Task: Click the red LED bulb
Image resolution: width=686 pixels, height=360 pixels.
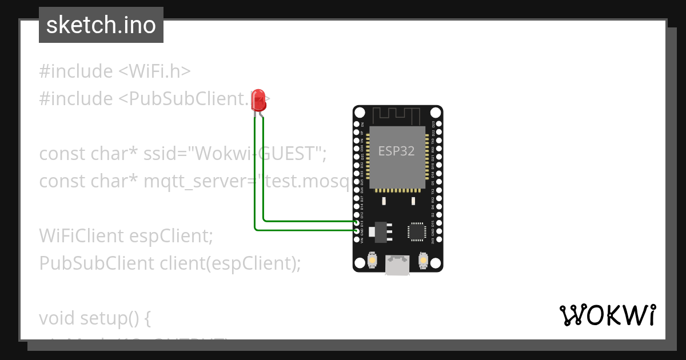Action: point(258,100)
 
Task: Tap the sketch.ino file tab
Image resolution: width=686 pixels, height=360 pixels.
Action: point(101,25)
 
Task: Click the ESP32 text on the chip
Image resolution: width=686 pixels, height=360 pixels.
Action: point(396,151)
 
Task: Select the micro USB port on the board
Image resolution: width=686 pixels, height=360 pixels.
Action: point(397,265)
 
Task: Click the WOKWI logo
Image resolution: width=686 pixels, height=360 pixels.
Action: point(607,315)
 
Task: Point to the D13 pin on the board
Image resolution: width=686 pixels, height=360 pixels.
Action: point(357,222)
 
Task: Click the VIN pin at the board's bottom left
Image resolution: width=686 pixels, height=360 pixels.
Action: point(357,239)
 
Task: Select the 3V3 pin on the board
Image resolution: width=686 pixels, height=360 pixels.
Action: point(438,239)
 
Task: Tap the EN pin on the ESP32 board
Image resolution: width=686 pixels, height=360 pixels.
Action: point(357,124)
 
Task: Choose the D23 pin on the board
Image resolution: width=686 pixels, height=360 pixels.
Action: point(438,124)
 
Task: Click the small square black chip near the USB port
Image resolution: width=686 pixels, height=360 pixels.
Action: point(416,231)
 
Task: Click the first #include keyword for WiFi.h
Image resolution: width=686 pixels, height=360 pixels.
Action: point(76,71)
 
